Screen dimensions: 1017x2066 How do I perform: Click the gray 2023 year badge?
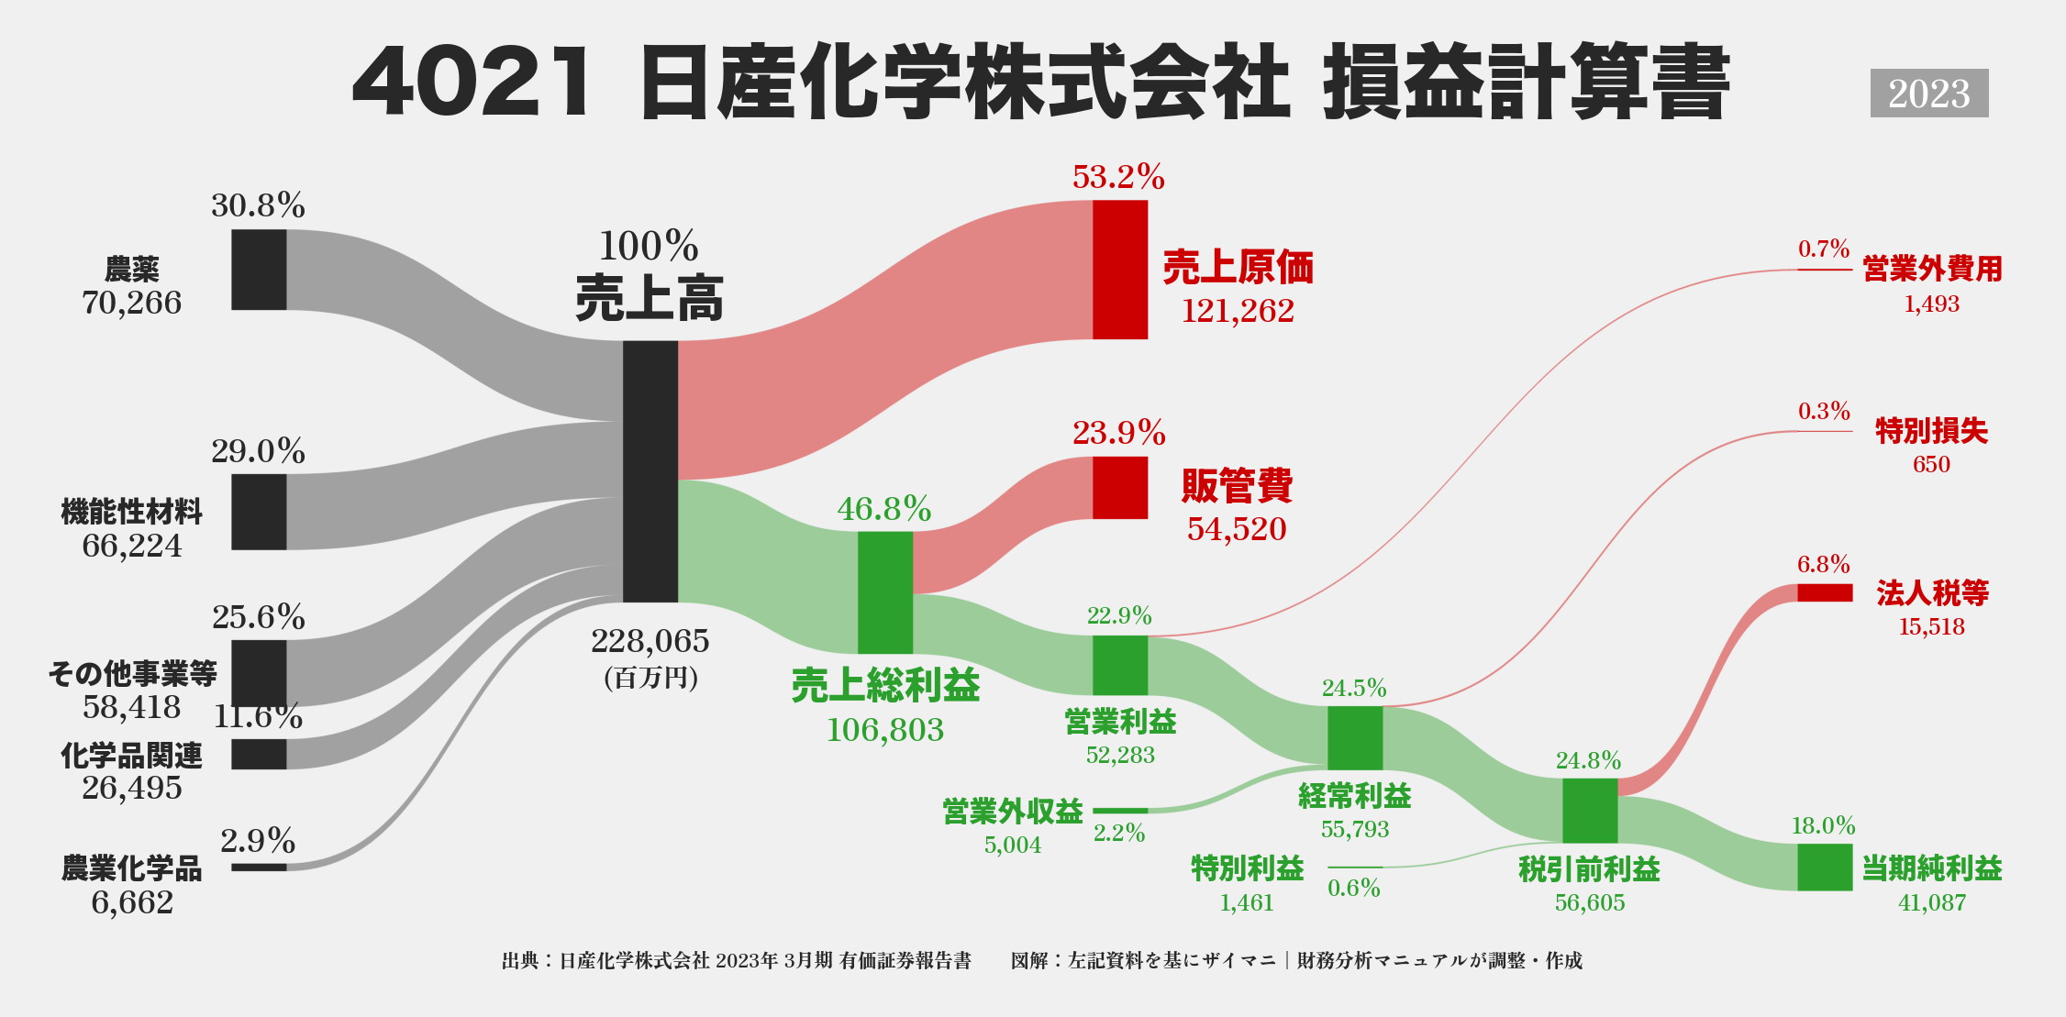click(x=1929, y=94)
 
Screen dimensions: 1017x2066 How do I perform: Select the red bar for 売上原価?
click(x=1120, y=270)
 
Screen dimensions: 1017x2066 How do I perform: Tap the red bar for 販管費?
click(x=1120, y=488)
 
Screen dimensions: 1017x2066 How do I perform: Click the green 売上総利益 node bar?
click(x=885, y=592)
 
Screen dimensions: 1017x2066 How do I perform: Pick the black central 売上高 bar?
click(x=650, y=471)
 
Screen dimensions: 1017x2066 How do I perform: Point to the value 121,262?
click(x=1238, y=312)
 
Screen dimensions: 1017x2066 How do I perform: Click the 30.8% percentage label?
click(x=258, y=205)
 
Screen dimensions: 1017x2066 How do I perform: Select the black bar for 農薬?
click(x=259, y=270)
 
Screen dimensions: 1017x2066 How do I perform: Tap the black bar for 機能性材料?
click(x=259, y=512)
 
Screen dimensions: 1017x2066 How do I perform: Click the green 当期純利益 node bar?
click(x=1825, y=868)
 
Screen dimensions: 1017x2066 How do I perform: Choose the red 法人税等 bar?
click(x=1825, y=593)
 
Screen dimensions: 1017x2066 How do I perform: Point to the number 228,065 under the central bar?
click(x=650, y=641)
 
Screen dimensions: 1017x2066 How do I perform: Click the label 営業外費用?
click(x=1932, y=270)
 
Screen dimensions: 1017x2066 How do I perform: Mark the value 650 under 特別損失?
click(x=1931, y=465)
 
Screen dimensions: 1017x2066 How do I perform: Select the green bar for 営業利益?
click(x=1120, y=666)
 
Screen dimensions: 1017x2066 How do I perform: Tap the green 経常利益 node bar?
click(x=1355, y=738)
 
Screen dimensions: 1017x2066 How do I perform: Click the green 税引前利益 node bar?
click(x=1590, y=811)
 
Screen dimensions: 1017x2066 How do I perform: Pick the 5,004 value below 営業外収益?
click(x=1013, y=846)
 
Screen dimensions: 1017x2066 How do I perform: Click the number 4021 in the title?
click(x=472, y=83)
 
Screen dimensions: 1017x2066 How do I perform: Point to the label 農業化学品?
click(x=132, y=868)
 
